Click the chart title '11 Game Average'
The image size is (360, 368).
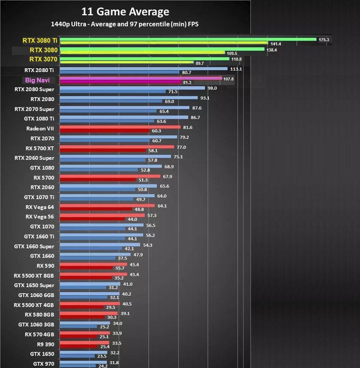125,11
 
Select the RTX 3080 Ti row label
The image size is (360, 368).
40,40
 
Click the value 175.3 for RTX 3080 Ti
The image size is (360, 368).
324,39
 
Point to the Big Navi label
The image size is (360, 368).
37,80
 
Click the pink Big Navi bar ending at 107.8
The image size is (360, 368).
140,78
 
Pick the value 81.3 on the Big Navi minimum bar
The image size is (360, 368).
187,82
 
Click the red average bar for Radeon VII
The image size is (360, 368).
120,127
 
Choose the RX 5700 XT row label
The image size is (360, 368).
40,148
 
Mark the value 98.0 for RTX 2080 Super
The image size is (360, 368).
212,88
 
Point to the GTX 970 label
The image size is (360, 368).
43,364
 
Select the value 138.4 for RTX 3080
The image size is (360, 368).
271,50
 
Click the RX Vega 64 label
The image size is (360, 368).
40,207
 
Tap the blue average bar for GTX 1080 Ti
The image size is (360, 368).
124,117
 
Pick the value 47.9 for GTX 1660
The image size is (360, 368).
137,255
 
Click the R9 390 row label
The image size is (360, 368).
45,344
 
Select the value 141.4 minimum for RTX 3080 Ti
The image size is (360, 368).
276,44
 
